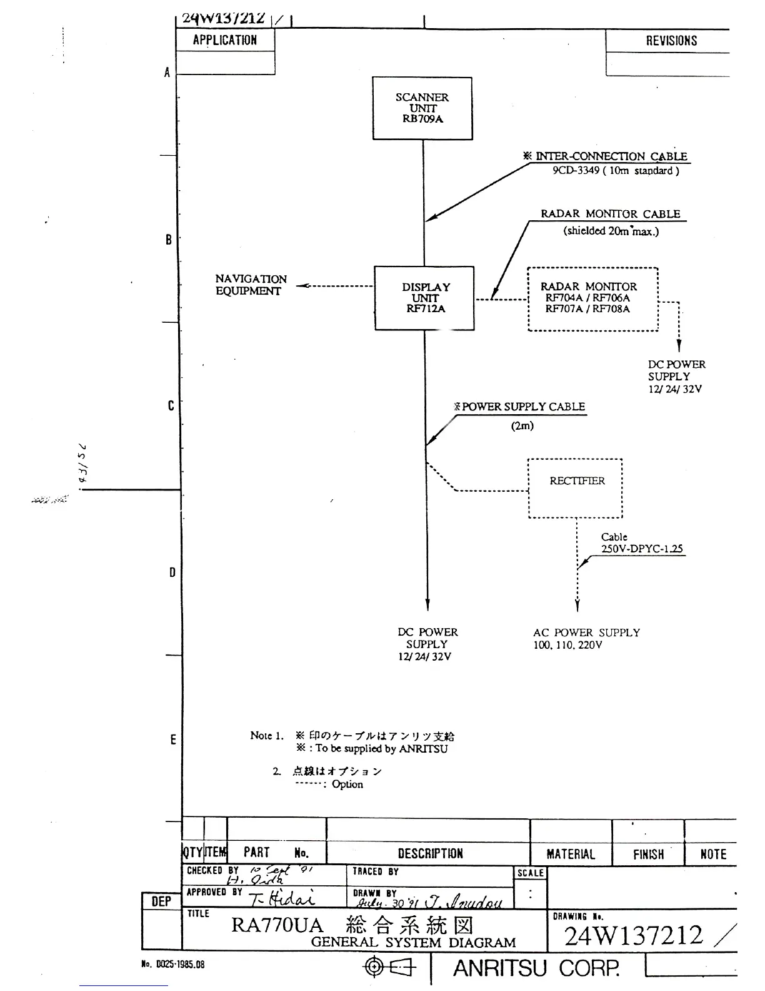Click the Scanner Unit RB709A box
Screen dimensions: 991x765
[x=422, y=108]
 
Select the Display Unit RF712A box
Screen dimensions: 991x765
[x=424, y=298]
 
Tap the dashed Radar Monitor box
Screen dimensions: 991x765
[x=592, y=299]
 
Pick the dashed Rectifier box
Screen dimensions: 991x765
[x=576, y=488]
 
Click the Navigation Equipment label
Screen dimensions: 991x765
[x=251, y=285]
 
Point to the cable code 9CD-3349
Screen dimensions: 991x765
[x=576, y=171]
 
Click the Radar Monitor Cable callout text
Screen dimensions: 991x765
[x=610, y=214]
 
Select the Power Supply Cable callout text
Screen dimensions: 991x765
[x=523, y=407]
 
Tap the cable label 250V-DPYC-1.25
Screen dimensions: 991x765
[x=642, y=549]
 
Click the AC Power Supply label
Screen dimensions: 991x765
[x=586, y=633]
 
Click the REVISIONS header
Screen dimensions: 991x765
[x=671, y=41]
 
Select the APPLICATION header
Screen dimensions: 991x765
[x=225, y=41]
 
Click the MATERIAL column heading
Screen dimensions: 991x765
[x=571, y=854]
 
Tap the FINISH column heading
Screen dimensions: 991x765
[x=648, y=854]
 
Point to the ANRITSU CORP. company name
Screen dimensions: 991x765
[x=536, y=968]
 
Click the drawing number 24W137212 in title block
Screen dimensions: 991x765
[x=634, y=936]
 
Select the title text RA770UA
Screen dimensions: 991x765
[x=277, y=925]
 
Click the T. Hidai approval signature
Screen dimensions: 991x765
[x=282, y=898]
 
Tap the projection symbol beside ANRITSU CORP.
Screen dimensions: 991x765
[x=389, y=968]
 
